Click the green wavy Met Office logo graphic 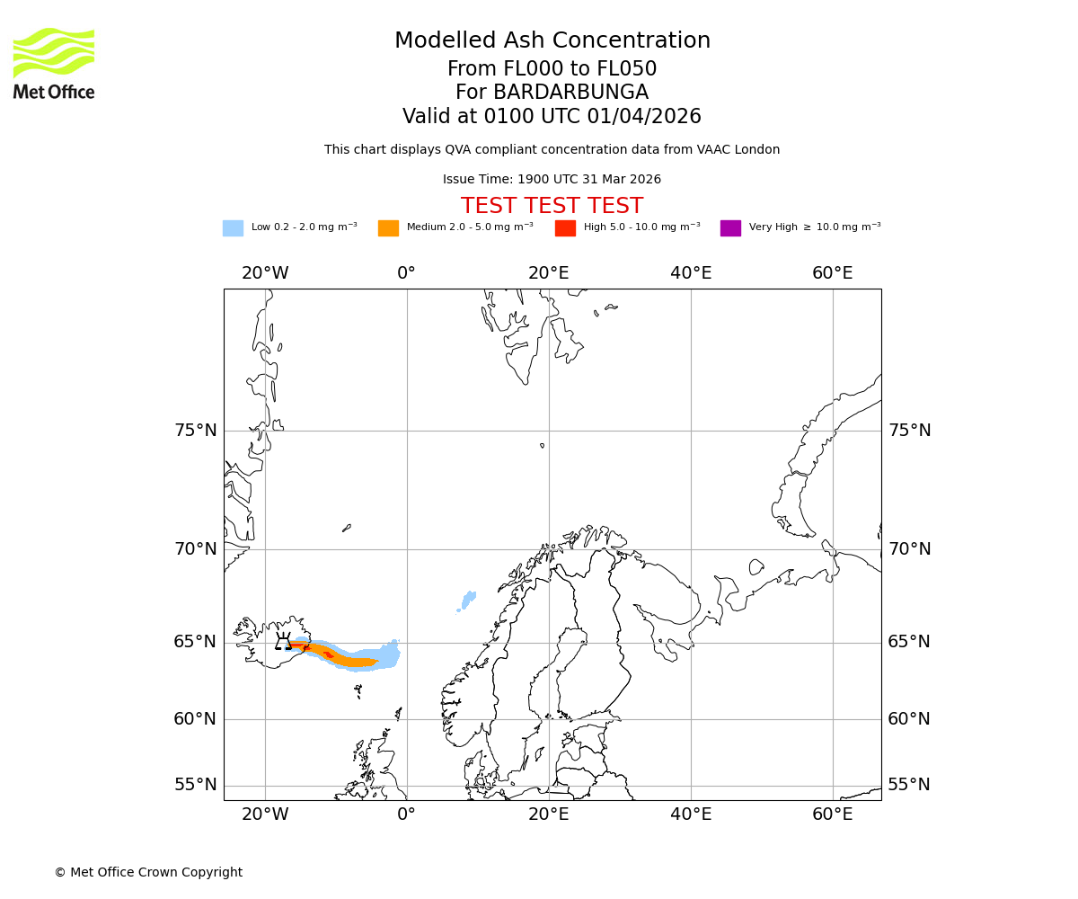click(54, 52)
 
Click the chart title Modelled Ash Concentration click(552, 40)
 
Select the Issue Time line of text click(552, 180)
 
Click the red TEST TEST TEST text click(552, 206)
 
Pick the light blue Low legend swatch click(233, 228)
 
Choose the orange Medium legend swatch click(388, 228)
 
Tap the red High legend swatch click(565, 228)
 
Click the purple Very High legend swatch click(730, 228)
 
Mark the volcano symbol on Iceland click(283, 643)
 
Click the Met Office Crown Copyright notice click(148, 873)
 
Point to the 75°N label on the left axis click(196, 431)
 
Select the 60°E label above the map click(832, 273)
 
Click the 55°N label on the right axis click(909, 785)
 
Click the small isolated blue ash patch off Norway click(468, 600)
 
